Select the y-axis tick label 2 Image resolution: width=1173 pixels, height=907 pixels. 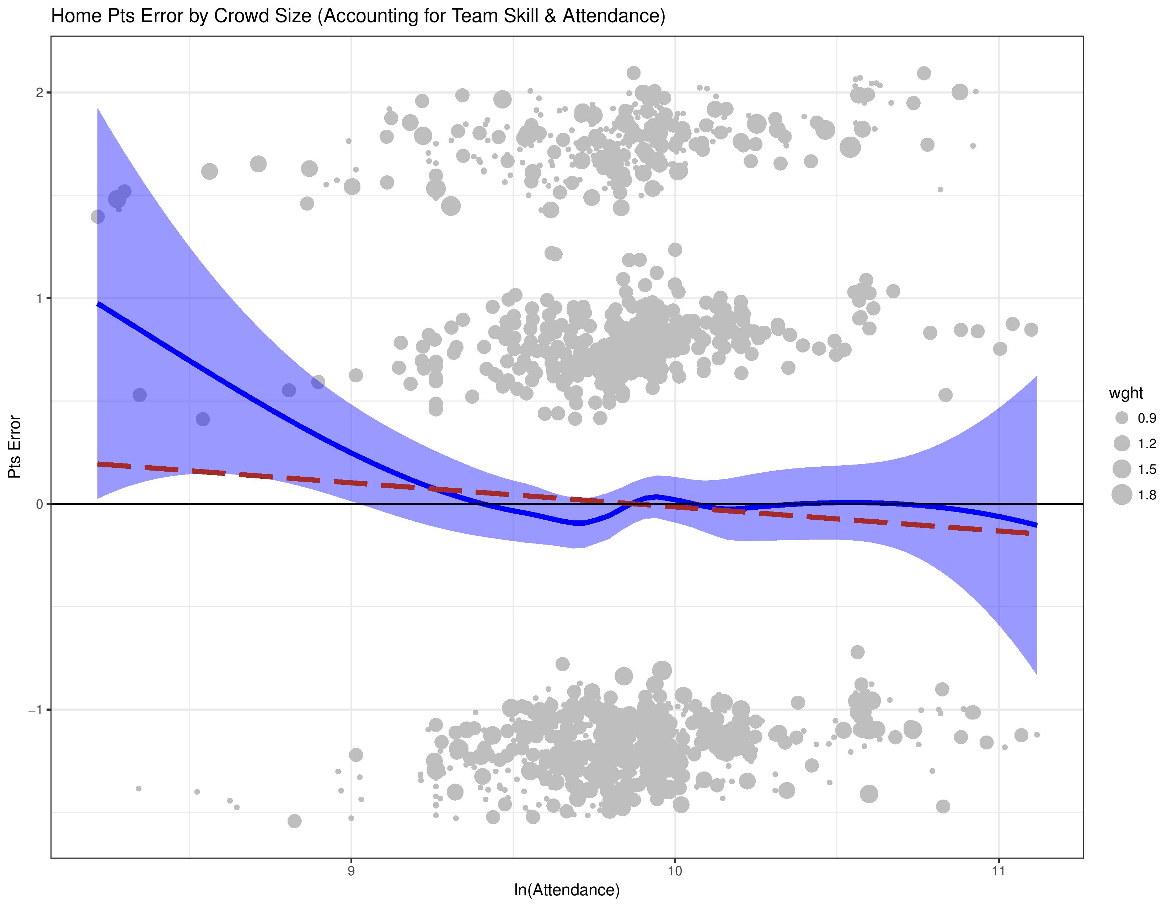coord(39,92)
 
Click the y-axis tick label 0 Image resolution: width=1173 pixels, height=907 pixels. coord(39,504)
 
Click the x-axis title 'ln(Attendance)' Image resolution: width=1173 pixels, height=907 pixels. coord(567,890)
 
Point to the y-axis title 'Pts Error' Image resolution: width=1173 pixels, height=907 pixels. coord(15,447)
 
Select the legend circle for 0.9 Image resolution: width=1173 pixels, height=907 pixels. coord(1121,418)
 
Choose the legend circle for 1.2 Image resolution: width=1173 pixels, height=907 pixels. coord(1121,443)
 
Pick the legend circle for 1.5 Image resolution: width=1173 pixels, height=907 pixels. coord(1121,469)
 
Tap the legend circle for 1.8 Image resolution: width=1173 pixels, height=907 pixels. coord(1121,494)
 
